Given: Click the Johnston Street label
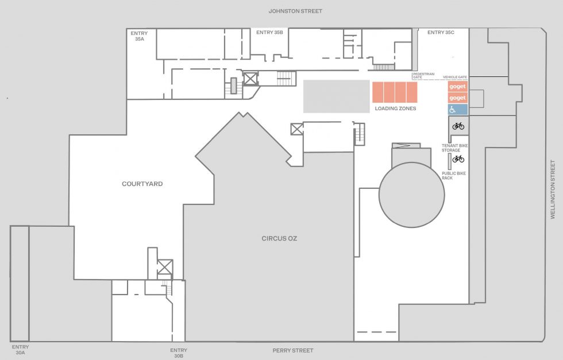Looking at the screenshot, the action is (295, 11).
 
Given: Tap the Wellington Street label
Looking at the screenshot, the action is (553, 189).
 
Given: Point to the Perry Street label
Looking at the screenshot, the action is (293, 350).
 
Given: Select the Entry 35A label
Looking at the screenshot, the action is (139, 36).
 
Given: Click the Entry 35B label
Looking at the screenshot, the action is (269, 32).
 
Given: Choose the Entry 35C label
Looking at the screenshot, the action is (441, 32).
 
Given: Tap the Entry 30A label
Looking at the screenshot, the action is (20, 350).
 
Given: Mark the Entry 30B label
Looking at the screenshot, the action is (179, 353).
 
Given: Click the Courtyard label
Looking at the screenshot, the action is (142, 184).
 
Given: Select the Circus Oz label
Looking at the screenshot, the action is (279, 238).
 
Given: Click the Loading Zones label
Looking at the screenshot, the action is (395, 109).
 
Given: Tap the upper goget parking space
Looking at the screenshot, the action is (457, 87).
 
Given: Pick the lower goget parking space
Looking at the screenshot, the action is (457, 98).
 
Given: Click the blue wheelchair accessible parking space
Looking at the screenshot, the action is (457, 110).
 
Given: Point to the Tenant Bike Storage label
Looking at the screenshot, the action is (454, 148).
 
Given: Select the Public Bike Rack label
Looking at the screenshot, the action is (454, 176).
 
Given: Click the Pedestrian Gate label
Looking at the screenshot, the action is (423, 75).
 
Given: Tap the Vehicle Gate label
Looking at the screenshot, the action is (455, 77).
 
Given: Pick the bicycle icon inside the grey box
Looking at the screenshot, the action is (458, 126).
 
